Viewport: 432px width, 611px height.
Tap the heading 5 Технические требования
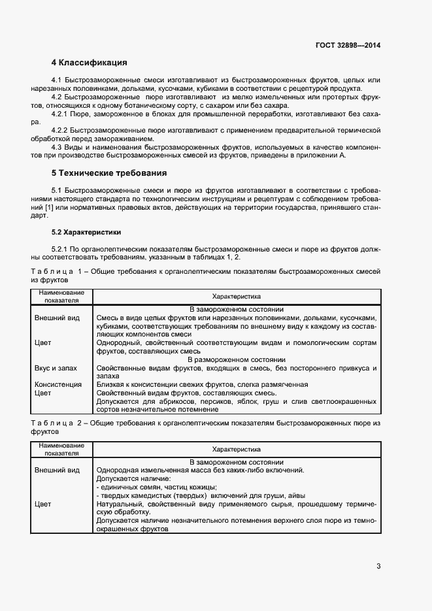pyautogui.click(x=109, y=173)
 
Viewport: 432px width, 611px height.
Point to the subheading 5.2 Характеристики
pyautogui.click(x=86, y=231)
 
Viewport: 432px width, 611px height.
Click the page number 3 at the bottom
pyautogui.click(x=378, y=565)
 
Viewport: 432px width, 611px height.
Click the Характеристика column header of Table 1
pyautogui.click(x=237, y=296)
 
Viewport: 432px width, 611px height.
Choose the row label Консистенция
pyautogui.click(x=58, y=385)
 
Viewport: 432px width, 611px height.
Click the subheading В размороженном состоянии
pyautogui.click(x=237, y=359)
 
